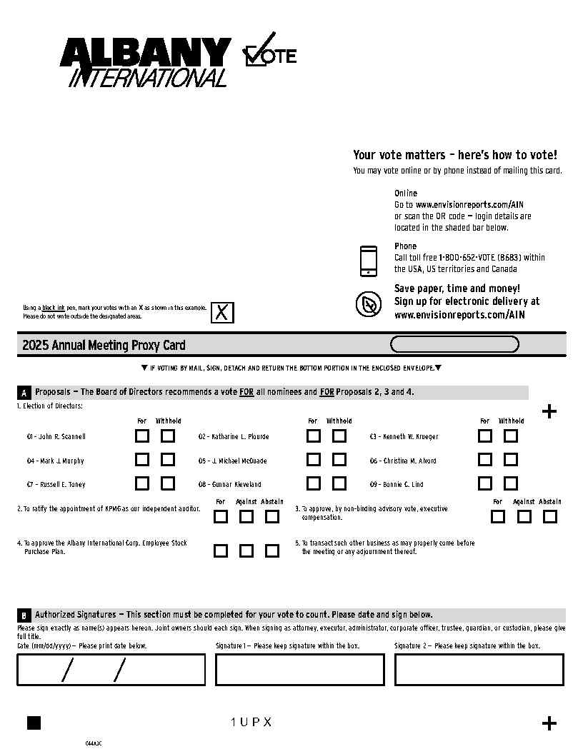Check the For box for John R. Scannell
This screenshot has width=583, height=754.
click(x=143, y=436)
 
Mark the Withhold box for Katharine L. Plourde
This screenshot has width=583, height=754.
click(x=339, y=436)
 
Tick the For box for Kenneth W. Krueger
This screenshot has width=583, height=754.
click(x=485, y=436)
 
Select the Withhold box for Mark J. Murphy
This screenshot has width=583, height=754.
click(x=168, y=460)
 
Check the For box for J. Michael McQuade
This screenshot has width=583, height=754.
click(x=314, y=460)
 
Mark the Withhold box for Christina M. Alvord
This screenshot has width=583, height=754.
click(x=511, y=460)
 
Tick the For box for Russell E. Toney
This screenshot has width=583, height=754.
click(x=143, y=483)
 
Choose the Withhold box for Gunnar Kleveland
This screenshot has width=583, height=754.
click(x=339, y=483)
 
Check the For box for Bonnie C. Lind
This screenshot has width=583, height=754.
click(x=485, y=483)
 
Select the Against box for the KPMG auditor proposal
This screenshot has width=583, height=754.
click(x=246, y=516)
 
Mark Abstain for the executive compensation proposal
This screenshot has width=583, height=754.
click(x=549, y=516)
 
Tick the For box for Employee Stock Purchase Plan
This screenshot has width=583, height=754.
click(x=221, y=551)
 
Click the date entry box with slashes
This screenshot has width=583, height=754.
click(x=111, y=670)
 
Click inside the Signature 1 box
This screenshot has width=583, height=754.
click(x=300, y=670)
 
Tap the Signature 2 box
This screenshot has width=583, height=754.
click(x=479, y=670)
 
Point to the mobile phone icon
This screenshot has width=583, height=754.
click(x=368, y=261)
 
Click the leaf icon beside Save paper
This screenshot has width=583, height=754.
click(x=368, y=305)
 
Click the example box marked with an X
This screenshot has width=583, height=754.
click(x=222, y=313)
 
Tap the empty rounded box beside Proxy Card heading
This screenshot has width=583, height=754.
click(x=454, y=345)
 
